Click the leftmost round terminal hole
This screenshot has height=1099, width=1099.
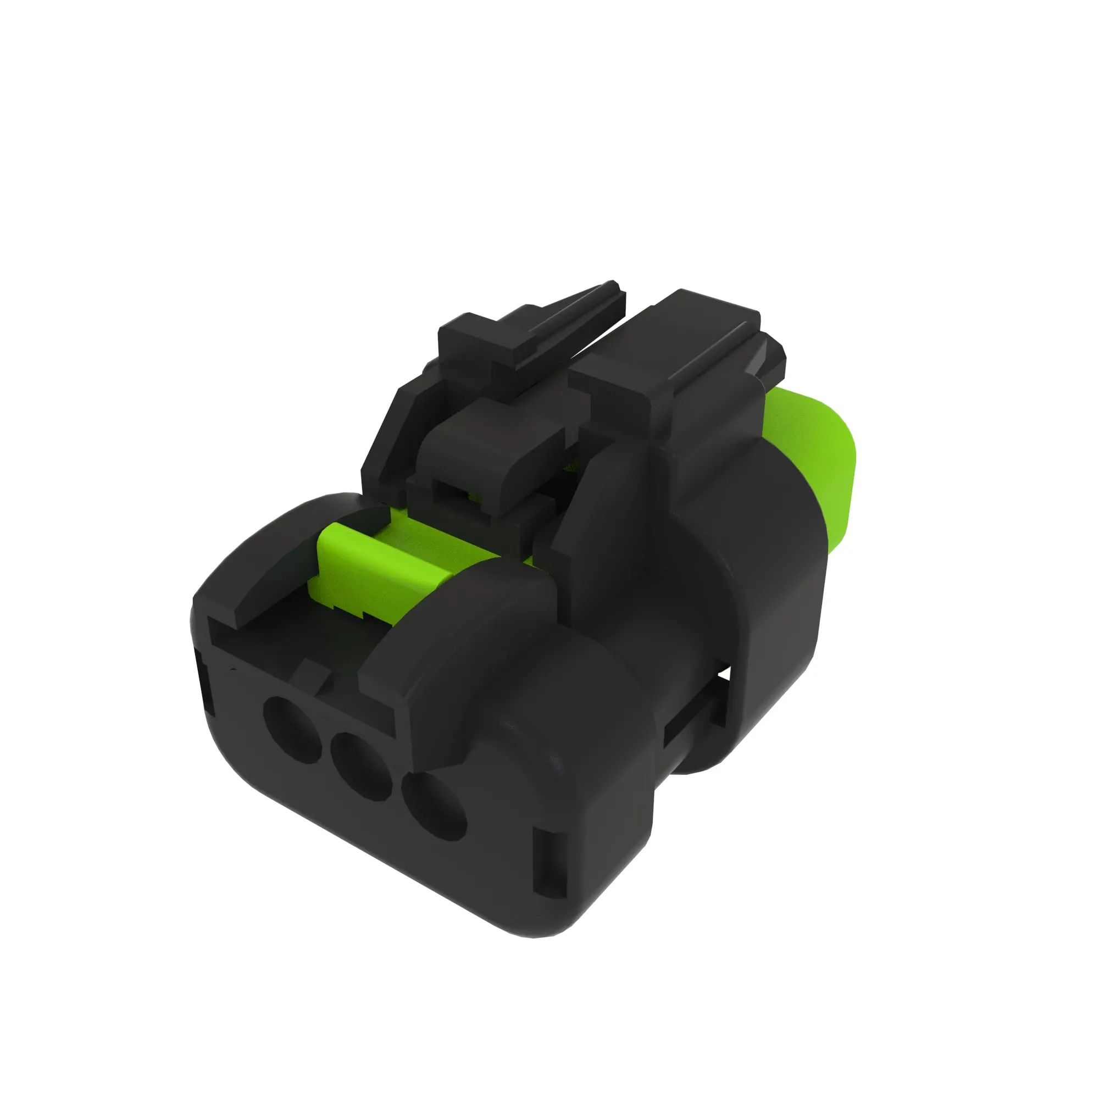[x=292, y=729]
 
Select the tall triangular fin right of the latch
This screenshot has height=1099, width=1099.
[x=586, y=512]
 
